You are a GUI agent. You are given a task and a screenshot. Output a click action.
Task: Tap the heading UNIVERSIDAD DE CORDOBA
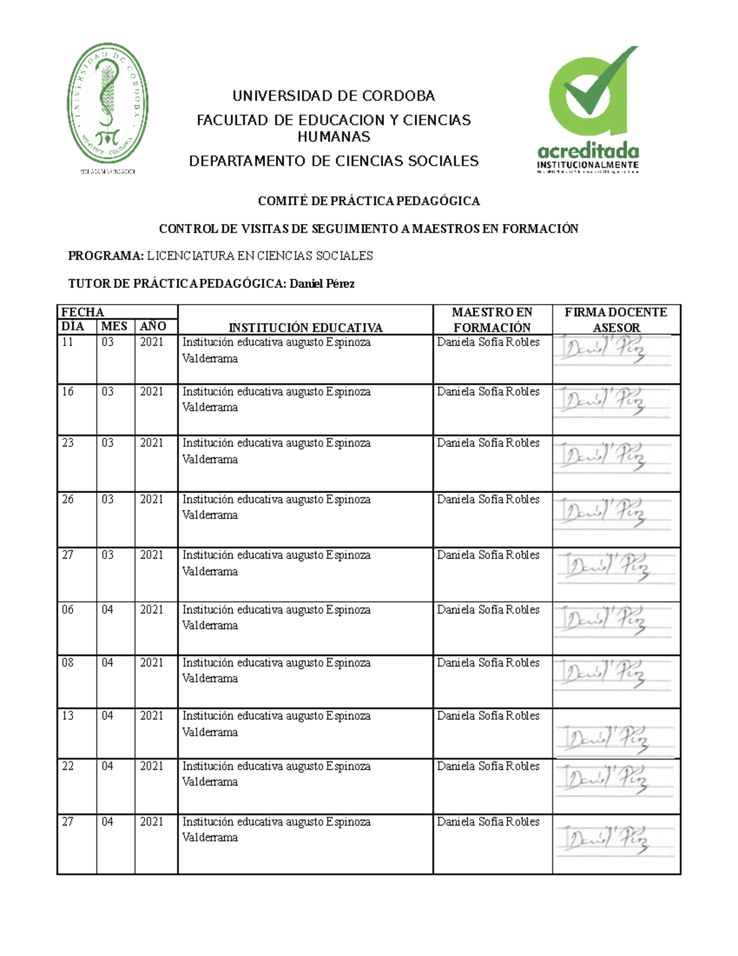[x=333, y=96]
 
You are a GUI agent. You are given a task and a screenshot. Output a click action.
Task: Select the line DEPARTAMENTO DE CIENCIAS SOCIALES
[x=333, y=161]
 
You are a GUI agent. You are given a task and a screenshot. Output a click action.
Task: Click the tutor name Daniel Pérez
[x=322, y=284]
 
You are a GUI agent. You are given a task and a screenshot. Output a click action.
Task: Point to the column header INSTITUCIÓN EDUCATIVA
[x=305, y=327]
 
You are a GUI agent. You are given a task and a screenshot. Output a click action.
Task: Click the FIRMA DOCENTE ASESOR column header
[x=616, y=319]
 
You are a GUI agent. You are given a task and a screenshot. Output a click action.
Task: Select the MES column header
[x=114, y=326]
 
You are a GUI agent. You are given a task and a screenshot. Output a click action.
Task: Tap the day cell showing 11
[x=68, y=342]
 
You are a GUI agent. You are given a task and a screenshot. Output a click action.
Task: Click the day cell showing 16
[x=68, y=392]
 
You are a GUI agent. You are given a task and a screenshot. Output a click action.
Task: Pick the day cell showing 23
[x=68, y=443]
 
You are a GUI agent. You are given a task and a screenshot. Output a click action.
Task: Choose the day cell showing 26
[x=68, y=499]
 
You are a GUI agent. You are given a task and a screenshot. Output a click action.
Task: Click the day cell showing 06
[x=68, y=609]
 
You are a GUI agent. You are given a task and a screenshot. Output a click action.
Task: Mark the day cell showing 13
[x=68, y=716]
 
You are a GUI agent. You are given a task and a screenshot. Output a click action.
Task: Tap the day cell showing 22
[x=68, y=766]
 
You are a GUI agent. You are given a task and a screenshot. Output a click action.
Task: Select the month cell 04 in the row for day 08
[x=108, y=663]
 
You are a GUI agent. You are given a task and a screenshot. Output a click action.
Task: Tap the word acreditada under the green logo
[x=588, y=151]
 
